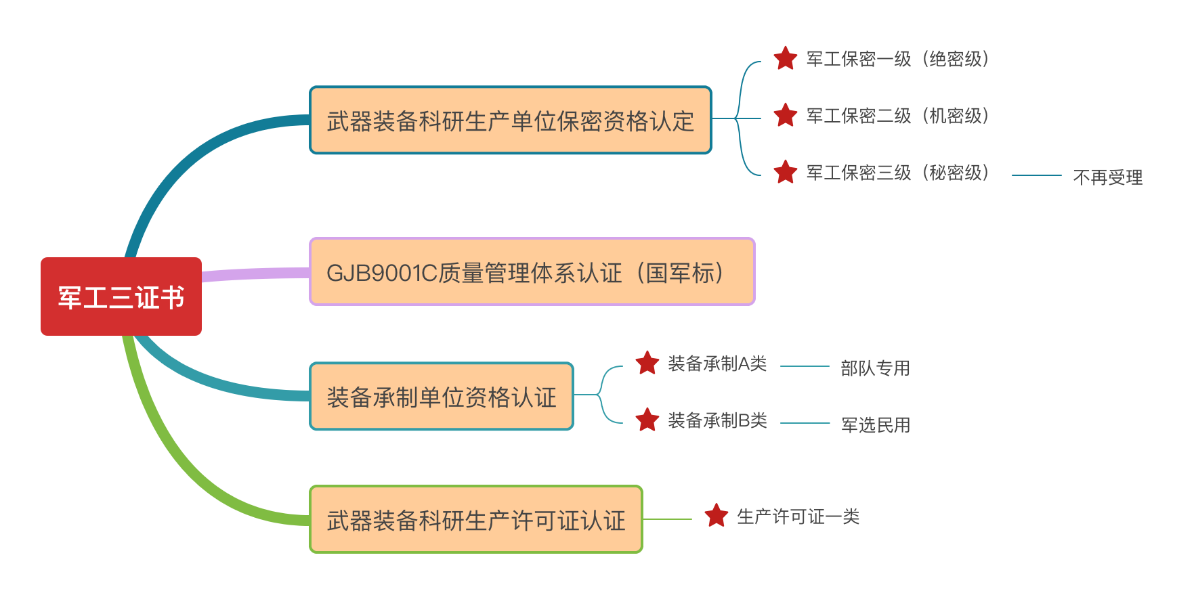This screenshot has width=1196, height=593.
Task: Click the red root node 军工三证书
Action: coord(121,296)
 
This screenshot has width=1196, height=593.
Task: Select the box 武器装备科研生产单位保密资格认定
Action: coord(510,120)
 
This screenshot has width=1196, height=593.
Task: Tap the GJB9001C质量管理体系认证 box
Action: coord(532,272)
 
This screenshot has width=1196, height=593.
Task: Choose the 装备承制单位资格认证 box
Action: coord(442,397)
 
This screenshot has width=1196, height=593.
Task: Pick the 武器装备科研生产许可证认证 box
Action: coord(475,520)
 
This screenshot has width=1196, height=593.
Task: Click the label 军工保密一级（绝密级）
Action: coord(897,59)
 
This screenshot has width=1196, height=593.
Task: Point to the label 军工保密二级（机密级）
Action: coord(897,116)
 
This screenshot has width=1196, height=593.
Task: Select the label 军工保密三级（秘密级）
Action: coord(897,173)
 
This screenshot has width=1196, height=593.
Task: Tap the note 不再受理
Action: coord(1107,177)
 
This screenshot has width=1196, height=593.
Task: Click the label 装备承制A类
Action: coord(717,364)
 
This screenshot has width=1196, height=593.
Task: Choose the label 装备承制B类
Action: coord(717,420)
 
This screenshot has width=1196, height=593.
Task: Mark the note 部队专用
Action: coord(875,368)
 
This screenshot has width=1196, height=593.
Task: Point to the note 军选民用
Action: coord(875,424)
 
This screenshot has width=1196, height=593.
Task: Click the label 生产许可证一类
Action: coord(798,517)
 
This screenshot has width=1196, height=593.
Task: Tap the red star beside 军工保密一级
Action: coord(785,58)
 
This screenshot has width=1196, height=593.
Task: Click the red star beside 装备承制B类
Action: coord(647,420)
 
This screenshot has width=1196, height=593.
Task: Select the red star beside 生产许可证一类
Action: coord(716,516)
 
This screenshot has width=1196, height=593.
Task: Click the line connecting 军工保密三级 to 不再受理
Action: coord(1036,175)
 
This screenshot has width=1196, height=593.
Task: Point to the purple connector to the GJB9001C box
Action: coord(256,274)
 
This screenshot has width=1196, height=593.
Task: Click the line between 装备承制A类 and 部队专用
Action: coord(805,366)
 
